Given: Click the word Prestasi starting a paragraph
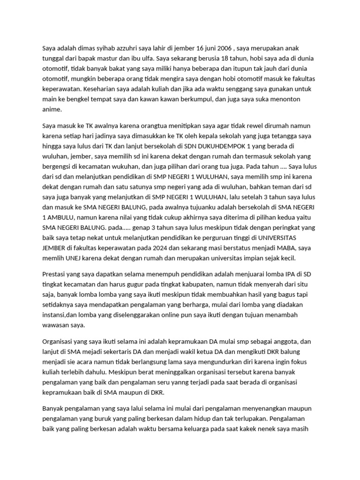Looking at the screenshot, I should [x=55, y=274].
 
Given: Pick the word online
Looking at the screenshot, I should [x=169, y=315].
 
